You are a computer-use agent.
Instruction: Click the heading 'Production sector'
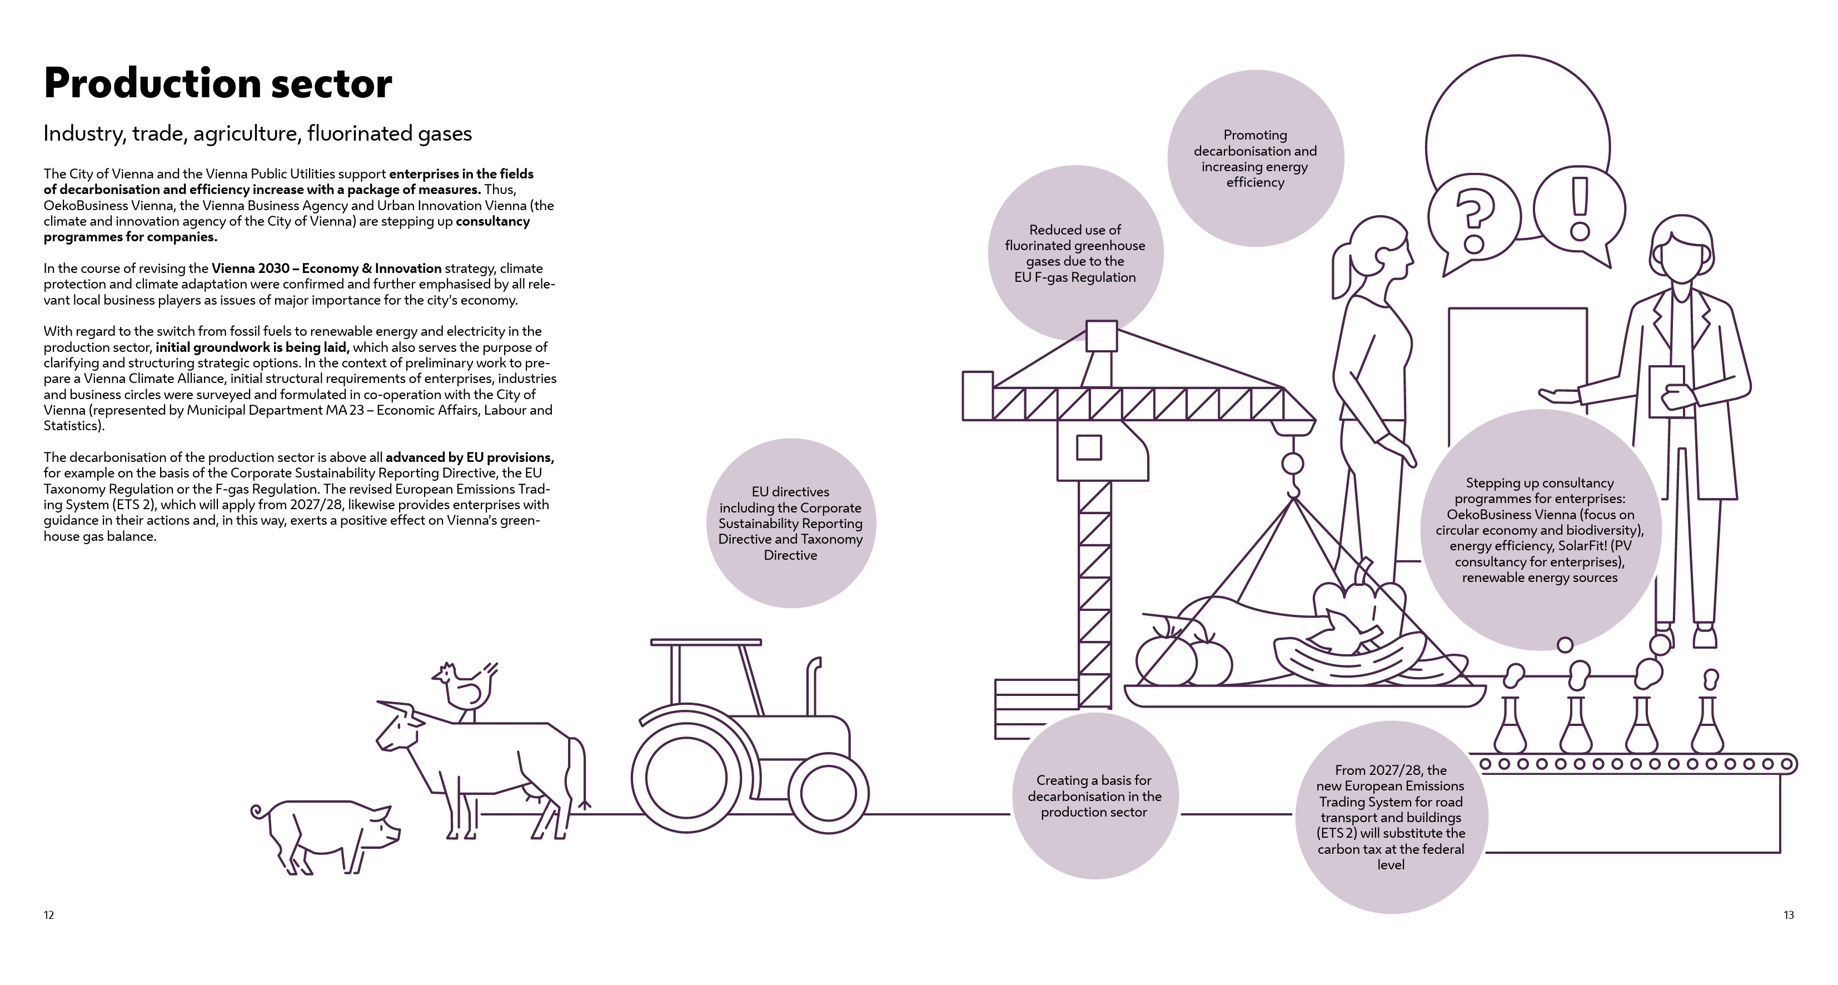[218, 83]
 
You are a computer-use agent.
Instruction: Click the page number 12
[48, 915]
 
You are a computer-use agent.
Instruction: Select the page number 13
[1789, 915]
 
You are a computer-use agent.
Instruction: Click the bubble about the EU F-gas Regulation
[1075, 253]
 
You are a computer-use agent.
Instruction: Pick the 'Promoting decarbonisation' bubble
[1255, 158]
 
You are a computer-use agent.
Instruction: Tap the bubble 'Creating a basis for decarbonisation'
[1094, 796]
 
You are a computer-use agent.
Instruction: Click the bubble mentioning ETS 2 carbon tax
[1391, 817]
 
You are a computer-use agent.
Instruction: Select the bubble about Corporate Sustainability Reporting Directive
[790, 523]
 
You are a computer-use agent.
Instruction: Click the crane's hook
[1293, 475]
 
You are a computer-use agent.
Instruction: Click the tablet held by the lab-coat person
[1666, 391]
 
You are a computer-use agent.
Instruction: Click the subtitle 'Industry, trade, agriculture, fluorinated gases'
[257, 133]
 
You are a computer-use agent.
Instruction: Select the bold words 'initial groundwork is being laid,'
[252, 347]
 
